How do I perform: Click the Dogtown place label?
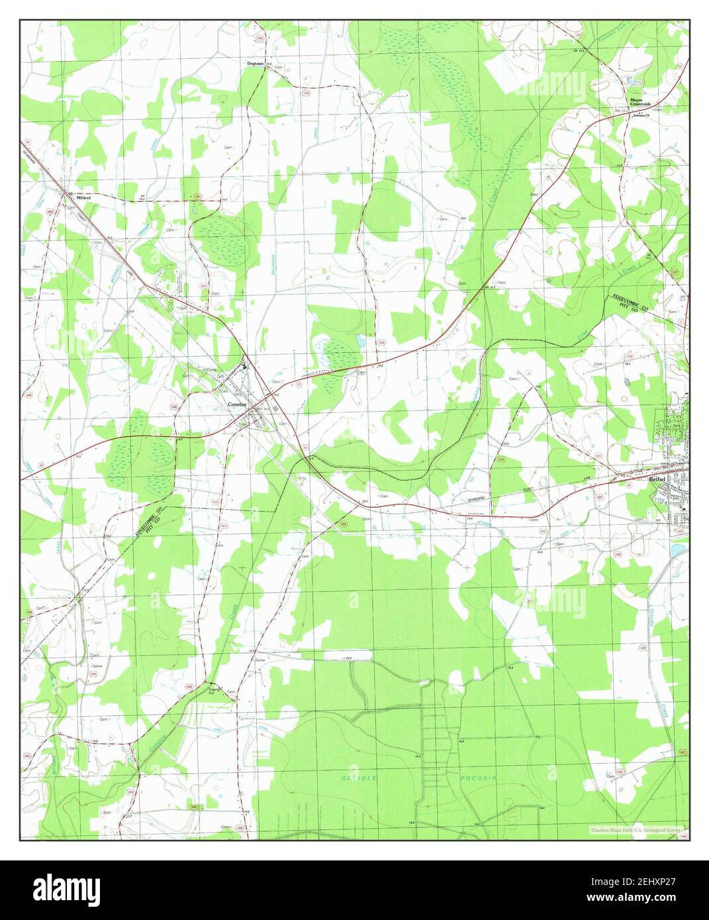[255, 64]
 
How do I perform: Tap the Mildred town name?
[83, 198]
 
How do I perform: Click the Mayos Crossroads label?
[639, 104]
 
